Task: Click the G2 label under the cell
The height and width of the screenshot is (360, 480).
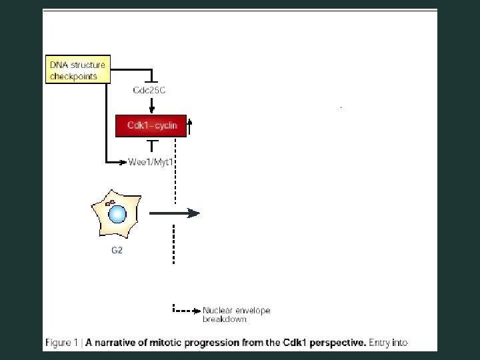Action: click(x=117, y=251)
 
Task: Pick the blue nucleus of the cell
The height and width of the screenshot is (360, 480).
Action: click(x=118, y=214)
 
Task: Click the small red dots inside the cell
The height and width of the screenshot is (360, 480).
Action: click(x=111, y=201)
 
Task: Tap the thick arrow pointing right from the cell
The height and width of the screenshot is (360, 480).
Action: click(x=174, y=213)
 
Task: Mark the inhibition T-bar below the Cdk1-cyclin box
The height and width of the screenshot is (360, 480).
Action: click(x=152, y=143)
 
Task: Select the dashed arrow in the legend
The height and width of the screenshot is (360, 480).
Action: click(x=186, y=311)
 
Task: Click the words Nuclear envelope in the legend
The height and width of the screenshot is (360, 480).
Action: click(x=237, y=311)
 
